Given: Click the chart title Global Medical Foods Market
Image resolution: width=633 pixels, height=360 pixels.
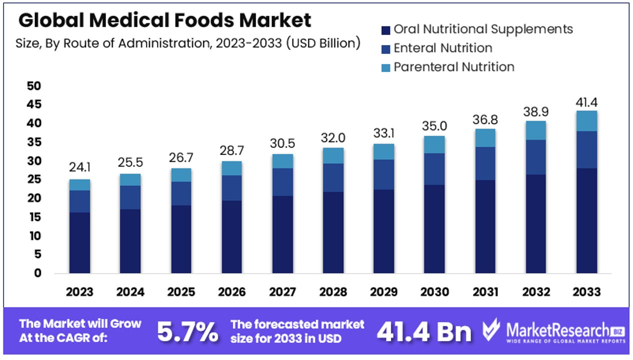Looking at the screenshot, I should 164,20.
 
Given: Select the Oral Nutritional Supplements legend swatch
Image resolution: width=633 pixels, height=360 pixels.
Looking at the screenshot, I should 385,29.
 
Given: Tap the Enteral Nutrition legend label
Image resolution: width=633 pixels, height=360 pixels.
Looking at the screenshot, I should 443,48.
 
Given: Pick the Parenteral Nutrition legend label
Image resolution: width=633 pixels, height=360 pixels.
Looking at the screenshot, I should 454,66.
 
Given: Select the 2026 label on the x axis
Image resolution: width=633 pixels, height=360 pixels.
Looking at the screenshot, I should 232,292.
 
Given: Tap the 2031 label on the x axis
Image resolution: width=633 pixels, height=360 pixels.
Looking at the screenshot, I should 485,292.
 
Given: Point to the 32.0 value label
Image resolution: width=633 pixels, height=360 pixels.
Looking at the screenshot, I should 333,137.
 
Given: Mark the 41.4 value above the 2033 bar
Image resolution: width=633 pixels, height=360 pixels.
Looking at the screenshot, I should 586,103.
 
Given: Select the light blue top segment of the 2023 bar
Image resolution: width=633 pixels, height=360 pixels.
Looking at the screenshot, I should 79,184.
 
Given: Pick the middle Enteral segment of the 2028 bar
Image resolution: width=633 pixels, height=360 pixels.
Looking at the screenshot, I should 333,177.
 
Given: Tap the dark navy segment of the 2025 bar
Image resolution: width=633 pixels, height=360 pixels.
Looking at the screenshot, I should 181,239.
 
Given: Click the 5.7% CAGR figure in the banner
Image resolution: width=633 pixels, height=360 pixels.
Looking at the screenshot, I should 188,331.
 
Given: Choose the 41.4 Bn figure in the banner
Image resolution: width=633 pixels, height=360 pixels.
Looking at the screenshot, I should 424,331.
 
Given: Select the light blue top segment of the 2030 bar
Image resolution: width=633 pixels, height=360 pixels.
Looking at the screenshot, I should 434,144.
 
